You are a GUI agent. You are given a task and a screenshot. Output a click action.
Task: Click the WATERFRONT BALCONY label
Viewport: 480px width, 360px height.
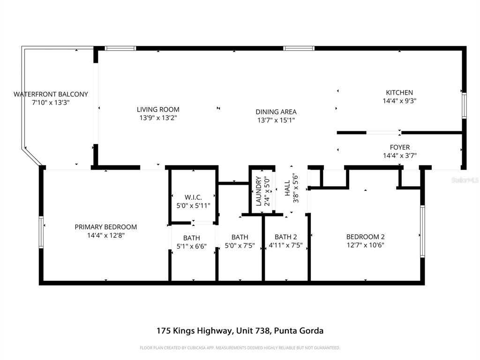51,94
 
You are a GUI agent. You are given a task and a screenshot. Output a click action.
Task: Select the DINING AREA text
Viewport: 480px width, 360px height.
276,112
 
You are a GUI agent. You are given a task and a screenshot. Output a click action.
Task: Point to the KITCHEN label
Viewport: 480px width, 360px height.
399,93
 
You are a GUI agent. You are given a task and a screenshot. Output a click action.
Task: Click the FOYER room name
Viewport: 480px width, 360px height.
399,148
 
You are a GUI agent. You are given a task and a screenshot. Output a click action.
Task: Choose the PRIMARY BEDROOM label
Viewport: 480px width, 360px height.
106,227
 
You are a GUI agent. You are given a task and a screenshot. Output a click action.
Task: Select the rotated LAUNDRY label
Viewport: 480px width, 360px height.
258,191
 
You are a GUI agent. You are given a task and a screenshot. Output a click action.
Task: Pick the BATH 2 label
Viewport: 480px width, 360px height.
286,237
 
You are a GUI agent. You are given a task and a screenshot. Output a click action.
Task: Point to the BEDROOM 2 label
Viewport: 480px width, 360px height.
365,237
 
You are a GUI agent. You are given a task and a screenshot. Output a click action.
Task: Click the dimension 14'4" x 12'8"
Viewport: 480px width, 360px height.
106,236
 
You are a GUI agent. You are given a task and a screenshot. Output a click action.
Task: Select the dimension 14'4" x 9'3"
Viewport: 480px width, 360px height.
399,101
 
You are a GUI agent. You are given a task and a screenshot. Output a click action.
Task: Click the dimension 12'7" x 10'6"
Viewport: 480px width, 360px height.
365,245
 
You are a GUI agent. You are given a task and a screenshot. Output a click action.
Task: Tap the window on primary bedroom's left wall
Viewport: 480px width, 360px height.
41,232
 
